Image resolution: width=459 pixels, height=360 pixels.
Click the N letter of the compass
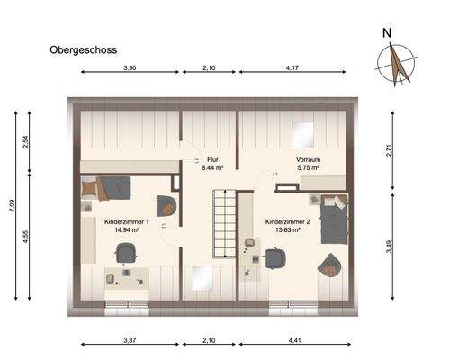387,34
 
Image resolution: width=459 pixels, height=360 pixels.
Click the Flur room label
212,159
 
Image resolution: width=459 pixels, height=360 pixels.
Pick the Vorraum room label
309,159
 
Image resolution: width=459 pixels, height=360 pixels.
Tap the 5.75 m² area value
309,167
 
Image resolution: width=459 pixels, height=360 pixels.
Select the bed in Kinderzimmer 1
107,189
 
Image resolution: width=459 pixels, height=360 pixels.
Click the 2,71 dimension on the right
390,151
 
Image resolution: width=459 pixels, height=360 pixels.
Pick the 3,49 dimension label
390,245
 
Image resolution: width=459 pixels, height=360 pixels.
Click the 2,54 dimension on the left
27,141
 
